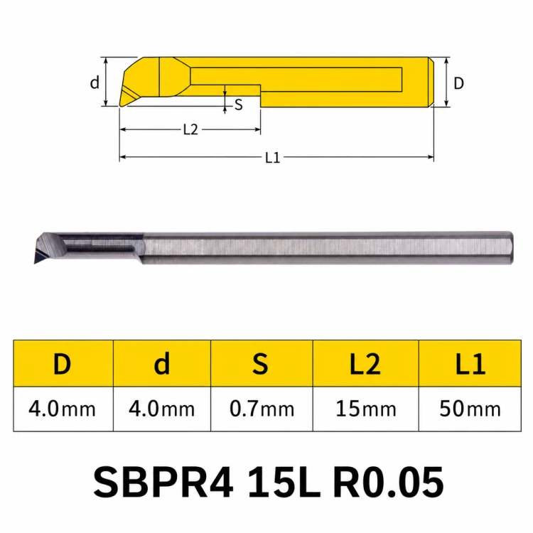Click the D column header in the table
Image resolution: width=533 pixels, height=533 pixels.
[x=63, y=364]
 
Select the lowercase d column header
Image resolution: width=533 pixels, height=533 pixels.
[x=162, y=363]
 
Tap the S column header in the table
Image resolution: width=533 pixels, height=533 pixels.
[x=260, y=364]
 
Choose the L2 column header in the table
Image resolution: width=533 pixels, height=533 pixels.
[x=365, y=364]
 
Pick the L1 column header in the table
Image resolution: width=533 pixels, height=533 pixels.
[x=470, y=364]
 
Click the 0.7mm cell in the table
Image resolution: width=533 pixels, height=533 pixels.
[x=262, y=409]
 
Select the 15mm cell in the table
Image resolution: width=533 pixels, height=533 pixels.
[x=366, y=409]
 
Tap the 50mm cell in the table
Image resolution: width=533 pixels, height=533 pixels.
[x=470, y=409]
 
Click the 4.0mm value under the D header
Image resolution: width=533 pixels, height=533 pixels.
[x=63, y=409]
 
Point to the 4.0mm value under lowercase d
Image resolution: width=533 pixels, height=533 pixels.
[x=162, y=409]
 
